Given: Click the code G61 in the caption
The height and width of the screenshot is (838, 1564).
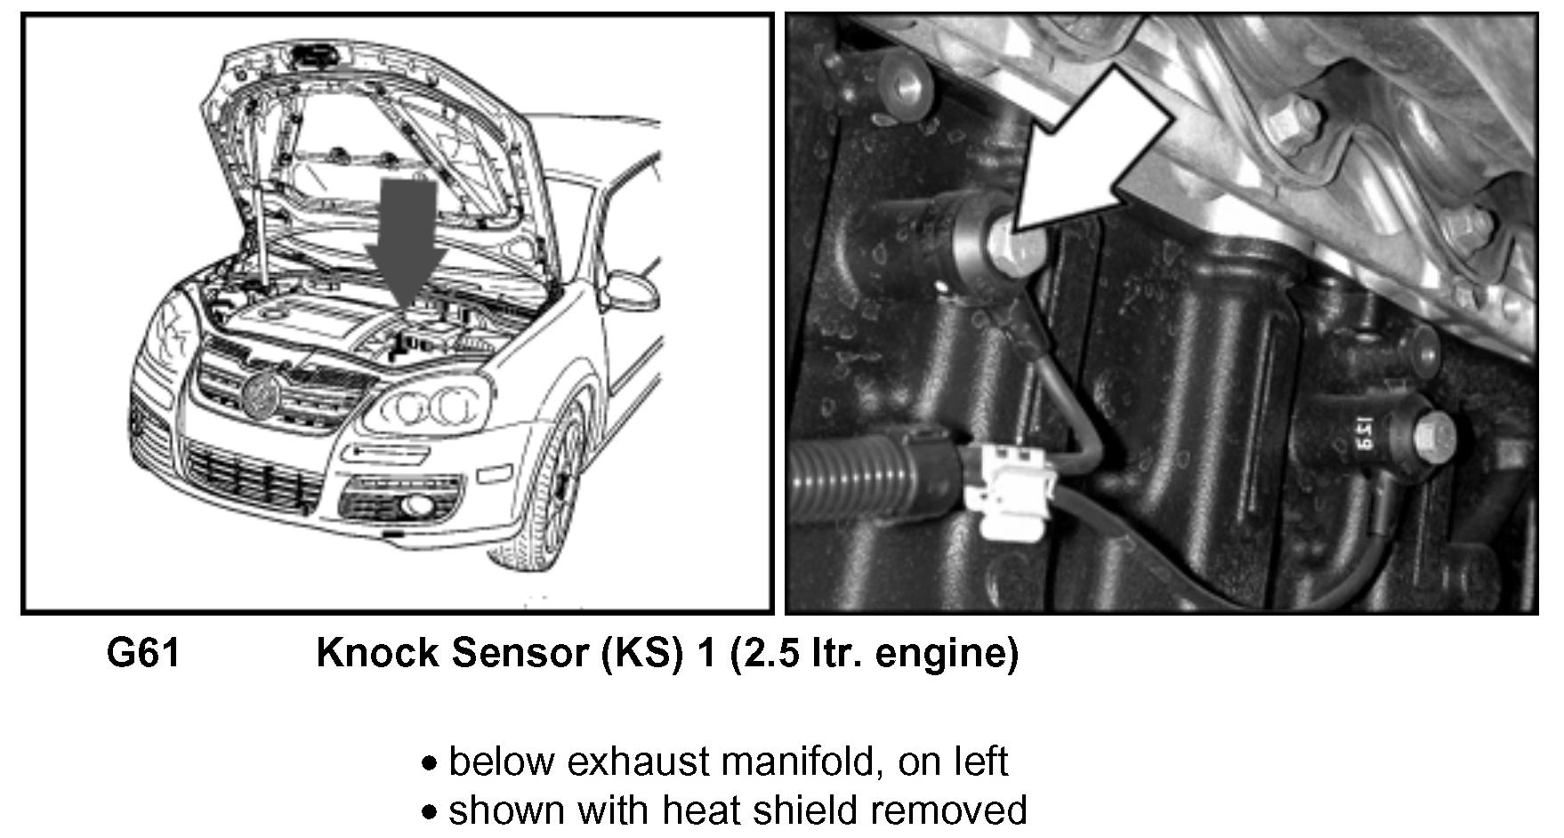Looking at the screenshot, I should pos(143,654).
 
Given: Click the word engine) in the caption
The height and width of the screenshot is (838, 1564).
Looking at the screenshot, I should pos(947,654).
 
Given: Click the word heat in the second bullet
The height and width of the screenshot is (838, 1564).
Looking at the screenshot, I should pos(697,810).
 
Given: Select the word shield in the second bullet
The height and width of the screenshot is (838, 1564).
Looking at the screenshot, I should pos(803,810).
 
